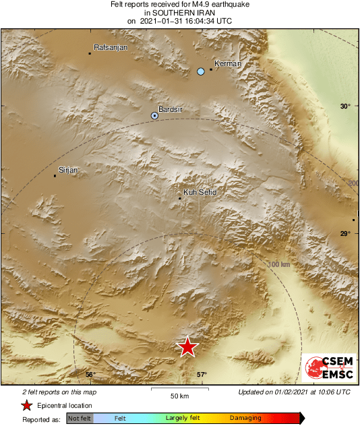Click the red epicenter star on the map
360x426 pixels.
(187, 346)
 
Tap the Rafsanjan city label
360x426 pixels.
(111, 48)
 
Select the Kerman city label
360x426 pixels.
(227, 64)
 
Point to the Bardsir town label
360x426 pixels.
(169, 109)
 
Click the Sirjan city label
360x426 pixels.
(69, 170)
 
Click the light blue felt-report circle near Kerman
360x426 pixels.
(200, 71)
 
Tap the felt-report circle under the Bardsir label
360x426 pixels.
(154, 116)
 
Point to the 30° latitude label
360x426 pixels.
(346, 106)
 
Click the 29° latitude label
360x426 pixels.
(345, 234)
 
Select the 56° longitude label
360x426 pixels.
(90, 374)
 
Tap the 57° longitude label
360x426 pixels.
(202, 374)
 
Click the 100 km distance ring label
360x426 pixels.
(278, 264)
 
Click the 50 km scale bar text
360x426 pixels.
(179, 395)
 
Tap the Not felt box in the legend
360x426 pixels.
(80, 419)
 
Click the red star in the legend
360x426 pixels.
(26, 405)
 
